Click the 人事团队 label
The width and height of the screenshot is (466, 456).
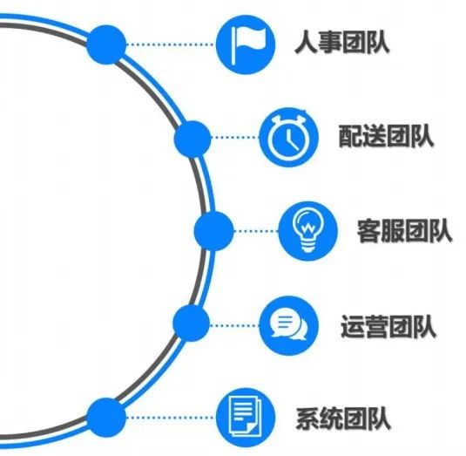pyautogui.click(x=341, y=43)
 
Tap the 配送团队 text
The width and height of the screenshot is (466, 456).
pyautogui.click(x=386, y=136)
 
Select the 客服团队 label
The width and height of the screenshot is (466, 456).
pyautogui.click(x=404, y=231)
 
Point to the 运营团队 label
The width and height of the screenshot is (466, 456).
pyautogui.click(x=388, y=326)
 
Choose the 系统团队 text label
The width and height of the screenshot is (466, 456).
pyautogui.click(x=343, y=418)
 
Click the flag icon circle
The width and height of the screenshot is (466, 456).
pyautogui.click(x=246, y=44)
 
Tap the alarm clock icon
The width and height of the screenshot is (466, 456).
pyautogui.click(x=288, y=137)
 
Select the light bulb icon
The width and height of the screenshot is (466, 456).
pyautogui.click(x=307, y=231)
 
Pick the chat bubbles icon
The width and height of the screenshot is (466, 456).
pyautogui.click(x=288, y=325)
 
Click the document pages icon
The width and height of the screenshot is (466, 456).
pyautogui.click(x=246, y=418)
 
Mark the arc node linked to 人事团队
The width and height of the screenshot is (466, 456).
pyautogui.click(x=106, y=44)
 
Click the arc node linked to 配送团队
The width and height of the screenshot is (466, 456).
pyautogui.click(x=192, y=139)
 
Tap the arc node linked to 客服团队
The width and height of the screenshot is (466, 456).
pyautogui.click(x=213, y=231)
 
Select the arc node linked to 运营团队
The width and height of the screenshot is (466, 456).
pyautogui.click(x=192, y=323)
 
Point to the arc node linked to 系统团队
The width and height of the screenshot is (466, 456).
pyautogui.click(x=106, y=418)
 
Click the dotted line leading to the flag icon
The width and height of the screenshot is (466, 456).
pyautogui.click(x=171, y=44)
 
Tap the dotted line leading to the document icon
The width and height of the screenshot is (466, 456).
pyautogui.click(x=171, y=418)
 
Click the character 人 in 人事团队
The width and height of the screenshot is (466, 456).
pyautogui.click(x=306, y=43)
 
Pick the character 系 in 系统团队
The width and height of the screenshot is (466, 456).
pyautogui.click(x=307, y=418)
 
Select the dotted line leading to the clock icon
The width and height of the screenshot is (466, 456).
pyautogui.click(x=235, y=138)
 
